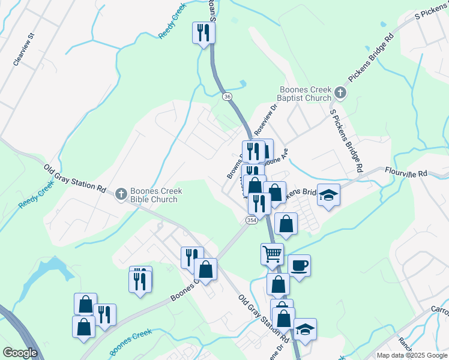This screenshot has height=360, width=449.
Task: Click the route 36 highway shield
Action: click(x=226, y=96)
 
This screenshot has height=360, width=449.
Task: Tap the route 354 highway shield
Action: click(x=251, y=221)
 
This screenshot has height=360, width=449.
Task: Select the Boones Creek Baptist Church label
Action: click(x=304, y=94)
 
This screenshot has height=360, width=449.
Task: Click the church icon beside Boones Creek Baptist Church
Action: click(x=340, y=92)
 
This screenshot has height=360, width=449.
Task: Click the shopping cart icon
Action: click(x=272, y=254)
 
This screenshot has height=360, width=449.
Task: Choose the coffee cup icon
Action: click(x=299, y=265)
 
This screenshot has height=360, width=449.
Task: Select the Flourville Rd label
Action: click(x=406, y=172)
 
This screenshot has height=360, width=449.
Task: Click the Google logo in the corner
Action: click(x=20, y=353)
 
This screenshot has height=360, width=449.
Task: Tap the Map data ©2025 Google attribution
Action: click(x=412, y=355)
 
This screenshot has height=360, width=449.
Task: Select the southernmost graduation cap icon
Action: click(x=305, y=329)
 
